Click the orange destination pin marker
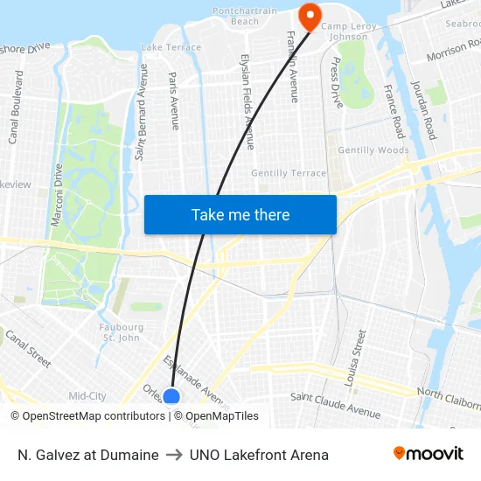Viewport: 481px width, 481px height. pos(310,15)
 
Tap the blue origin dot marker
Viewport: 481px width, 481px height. pos(172,397)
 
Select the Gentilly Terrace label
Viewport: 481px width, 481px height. pos(288,173)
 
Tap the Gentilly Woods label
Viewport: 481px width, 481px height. pos(373,150)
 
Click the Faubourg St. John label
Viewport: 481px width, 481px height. pos(121,332)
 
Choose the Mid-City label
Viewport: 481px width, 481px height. pos(87,396)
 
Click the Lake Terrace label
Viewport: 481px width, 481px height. pos(171,47)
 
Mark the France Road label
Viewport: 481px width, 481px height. pos(394,111)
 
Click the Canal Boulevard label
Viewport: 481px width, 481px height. pos(15,107)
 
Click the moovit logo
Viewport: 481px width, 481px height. pos(429,454)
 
